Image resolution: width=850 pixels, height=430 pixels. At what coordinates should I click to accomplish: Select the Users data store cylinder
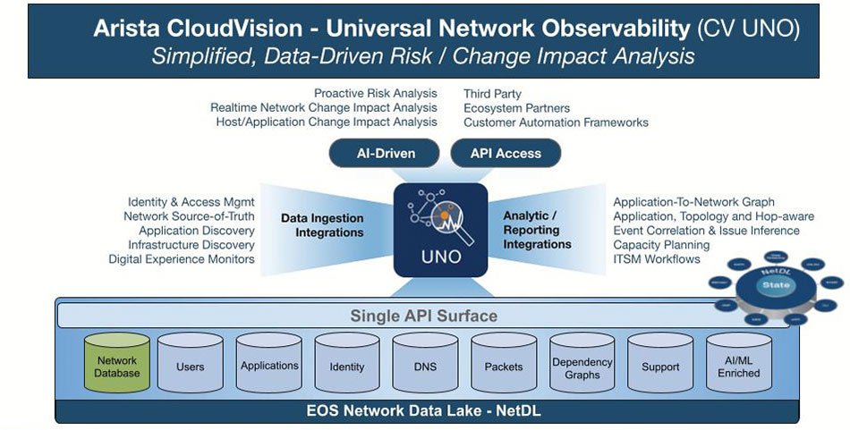pos(190,367)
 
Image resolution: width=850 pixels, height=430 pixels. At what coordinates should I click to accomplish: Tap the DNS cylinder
pos(425,367)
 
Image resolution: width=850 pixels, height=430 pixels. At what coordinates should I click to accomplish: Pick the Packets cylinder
pos(504,367)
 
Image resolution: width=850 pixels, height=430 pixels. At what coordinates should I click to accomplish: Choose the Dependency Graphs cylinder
pos(582,367)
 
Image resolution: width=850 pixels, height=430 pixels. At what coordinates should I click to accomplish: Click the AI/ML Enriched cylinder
pos(738,367)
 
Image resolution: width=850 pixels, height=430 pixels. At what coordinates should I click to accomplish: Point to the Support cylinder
pos(660,367)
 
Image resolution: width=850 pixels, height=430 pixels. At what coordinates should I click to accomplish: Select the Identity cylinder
pos(347,367)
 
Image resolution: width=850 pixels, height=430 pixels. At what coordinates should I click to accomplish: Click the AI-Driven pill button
pos(386,153)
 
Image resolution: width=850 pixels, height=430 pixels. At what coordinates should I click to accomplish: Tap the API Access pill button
pos(506,153)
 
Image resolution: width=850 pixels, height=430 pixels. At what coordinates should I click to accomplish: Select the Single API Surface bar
pos(423,316)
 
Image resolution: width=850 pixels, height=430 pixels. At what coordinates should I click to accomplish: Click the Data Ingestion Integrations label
pos(322,224)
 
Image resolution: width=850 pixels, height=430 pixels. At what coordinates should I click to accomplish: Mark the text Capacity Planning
pos(661,244)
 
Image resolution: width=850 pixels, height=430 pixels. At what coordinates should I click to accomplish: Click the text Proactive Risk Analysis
pos(376,93)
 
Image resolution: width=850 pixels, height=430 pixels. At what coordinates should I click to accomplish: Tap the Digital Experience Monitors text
pos(182,258)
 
